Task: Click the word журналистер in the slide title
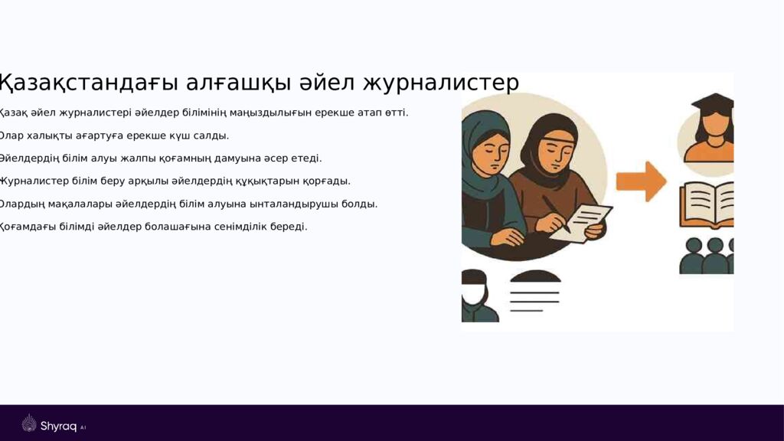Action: [x=440, y=83]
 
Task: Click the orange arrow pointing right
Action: [x=641, y=181]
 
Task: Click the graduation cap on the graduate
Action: [x=712, y=102]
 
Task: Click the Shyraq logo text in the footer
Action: [x=58, y=426]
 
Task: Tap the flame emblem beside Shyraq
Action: [x=29, y=424]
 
